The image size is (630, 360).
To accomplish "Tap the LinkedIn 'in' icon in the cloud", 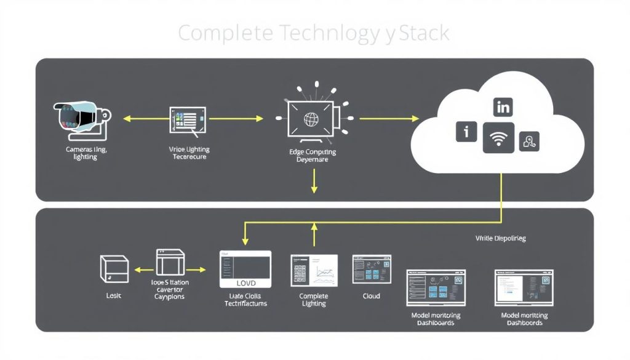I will pyautogui.click(x=503, y=107).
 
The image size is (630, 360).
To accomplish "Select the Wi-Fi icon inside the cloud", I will pyautogui.click(x=498, y=137).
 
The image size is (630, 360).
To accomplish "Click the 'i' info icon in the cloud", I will pyautogui.click(x=466, y=132).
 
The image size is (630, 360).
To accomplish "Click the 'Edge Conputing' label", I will pyautogui.click(x=313, y=151).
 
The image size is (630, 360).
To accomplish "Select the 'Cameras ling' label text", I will pyautogui.click(x=86, y=149).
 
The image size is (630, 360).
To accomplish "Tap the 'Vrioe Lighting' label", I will pyautogui.click(x=189, y=149).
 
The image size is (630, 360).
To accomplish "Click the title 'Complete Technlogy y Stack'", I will pyautogui.click(x=314, y=33).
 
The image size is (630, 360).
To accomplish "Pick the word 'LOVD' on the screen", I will pyautogui.click(x=245, y=283).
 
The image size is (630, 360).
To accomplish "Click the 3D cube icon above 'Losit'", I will pyautogui.click(x=114, y=270).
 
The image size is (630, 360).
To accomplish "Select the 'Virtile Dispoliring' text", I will pyautogui.click(x=500, y=238).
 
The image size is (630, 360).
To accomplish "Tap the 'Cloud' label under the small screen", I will pyautogui.click(x=371, y=296).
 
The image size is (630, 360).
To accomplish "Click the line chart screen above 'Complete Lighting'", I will pyautogui.click(x=314, y=270).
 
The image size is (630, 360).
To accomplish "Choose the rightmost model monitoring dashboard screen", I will pyautogui.click(x=525, y=288).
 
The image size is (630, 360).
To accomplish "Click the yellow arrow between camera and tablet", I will pyautogui.click(x=145, y=118).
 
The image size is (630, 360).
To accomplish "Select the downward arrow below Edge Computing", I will pyautogui.click(x=314, y=182).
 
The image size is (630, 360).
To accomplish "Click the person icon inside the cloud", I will pyautogui.click(x=529, y=142).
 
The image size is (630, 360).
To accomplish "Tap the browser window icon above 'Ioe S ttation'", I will pyautogui.click(x=170, y=263).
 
